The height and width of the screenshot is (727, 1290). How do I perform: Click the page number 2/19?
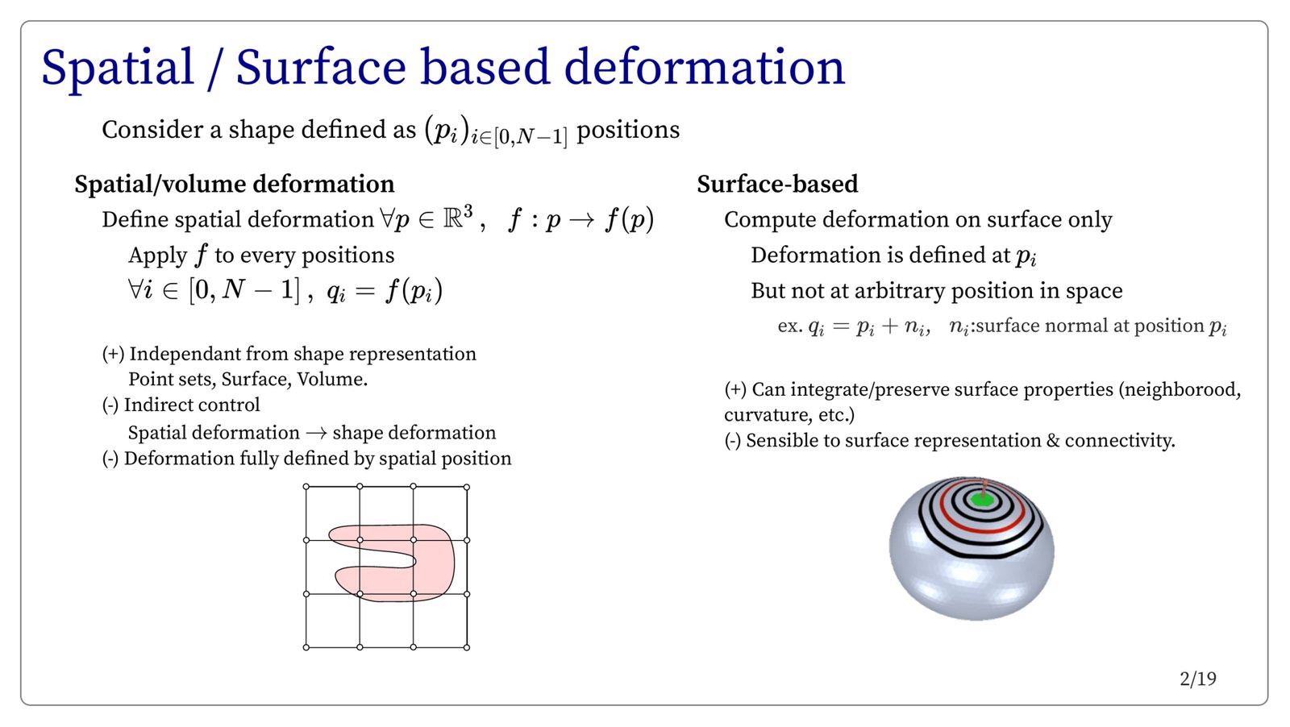point(1198,679)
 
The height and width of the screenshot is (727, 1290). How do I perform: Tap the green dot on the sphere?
point(981,500)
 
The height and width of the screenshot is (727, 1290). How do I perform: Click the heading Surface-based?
point(777,185)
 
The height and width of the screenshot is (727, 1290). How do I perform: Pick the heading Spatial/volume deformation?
point(235,185)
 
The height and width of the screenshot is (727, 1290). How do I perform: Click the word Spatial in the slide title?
point(118,68)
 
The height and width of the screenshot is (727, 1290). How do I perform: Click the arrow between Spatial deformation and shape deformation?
point(316,433)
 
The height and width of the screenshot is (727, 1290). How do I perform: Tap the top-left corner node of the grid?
point(306,487)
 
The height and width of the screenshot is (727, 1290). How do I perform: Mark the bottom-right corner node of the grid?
point(467,647)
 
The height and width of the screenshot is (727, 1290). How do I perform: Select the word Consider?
point(152,130)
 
